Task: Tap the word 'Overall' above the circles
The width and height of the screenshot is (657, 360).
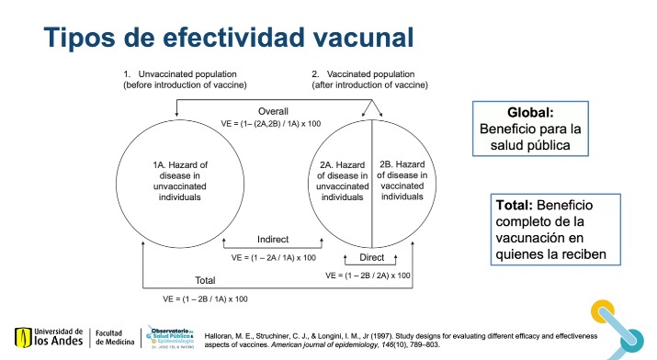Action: pos(274,112)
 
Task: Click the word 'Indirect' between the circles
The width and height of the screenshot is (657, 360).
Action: pos(273,240)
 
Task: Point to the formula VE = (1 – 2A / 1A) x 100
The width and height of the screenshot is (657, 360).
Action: pos(273,257)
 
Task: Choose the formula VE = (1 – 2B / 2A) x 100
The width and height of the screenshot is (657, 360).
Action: pos(368,275)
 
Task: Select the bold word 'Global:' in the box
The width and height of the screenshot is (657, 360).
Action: pos(530,112)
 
